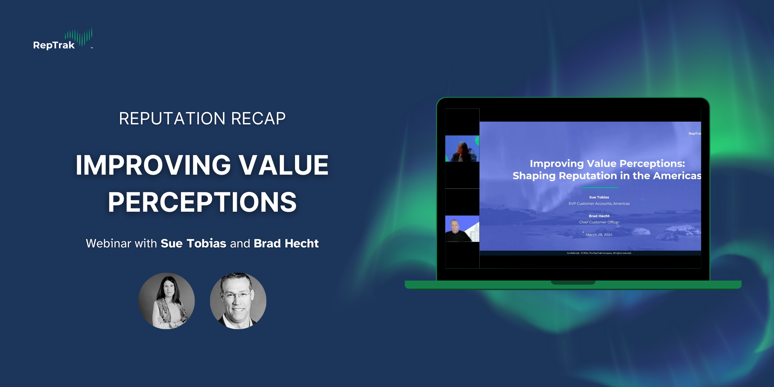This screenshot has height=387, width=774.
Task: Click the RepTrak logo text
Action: pos(54,45)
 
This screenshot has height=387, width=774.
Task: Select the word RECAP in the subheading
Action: pos(258,118)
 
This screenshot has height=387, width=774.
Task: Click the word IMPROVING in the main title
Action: pos(153,165)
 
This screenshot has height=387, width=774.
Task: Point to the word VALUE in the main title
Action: pos(283,165)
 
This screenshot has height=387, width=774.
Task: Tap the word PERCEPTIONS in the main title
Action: pos(202,202)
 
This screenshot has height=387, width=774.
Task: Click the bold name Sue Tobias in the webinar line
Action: pos(193,243)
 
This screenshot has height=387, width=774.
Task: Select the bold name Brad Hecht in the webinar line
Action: pos(286,243)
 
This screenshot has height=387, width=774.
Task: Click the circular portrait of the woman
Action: pos(166,301)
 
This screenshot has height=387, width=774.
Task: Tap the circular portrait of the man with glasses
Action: pos(238,301)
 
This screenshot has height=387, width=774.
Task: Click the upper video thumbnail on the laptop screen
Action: pos(462,149)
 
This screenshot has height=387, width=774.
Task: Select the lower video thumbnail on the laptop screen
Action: pos(462,229)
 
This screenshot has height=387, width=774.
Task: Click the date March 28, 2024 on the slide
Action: pos(599,235)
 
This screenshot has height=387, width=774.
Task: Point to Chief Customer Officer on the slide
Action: pos(599,222)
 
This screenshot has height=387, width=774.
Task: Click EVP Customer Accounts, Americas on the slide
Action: pos(599,204)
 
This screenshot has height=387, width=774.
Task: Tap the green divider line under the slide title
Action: pos(600,188)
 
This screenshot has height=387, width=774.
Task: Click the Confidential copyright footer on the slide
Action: pos(599,253)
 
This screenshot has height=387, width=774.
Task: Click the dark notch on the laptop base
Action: pos(573,282)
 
